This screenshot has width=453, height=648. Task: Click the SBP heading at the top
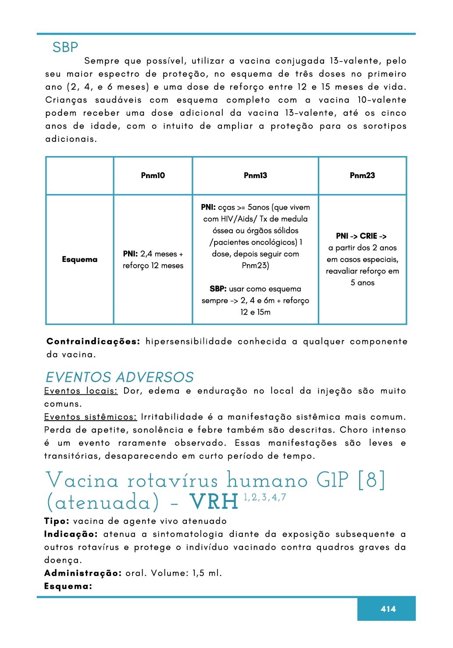pos(65,47)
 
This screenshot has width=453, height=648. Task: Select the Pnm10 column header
pos(153,175)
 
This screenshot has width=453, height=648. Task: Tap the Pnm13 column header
pos(255,175)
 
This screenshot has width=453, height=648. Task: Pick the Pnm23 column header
pos(362,175)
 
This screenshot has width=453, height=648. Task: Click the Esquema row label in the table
pos(79,259)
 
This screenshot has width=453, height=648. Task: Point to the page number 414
pos(388,609)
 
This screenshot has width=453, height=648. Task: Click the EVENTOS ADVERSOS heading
pos(120,377)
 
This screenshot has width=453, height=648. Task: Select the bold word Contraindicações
pos(93,341)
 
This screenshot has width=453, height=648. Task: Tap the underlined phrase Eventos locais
pos(81,391)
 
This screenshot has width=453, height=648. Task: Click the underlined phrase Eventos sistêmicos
pos(90,417)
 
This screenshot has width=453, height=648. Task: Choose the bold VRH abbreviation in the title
pos(214,502)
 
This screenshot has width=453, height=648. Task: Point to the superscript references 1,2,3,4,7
pos(265,498)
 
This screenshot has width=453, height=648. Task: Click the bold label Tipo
pos(57,521)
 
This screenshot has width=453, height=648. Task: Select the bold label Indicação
pos(71,534)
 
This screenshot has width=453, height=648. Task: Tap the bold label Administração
pos(82,573)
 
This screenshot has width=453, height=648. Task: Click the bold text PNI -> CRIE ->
pos(361,236)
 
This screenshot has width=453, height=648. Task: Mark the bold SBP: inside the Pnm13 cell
pos(218,289)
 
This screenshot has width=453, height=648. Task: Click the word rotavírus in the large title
pos(173,481)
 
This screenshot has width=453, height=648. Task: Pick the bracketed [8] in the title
pos(371,480)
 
